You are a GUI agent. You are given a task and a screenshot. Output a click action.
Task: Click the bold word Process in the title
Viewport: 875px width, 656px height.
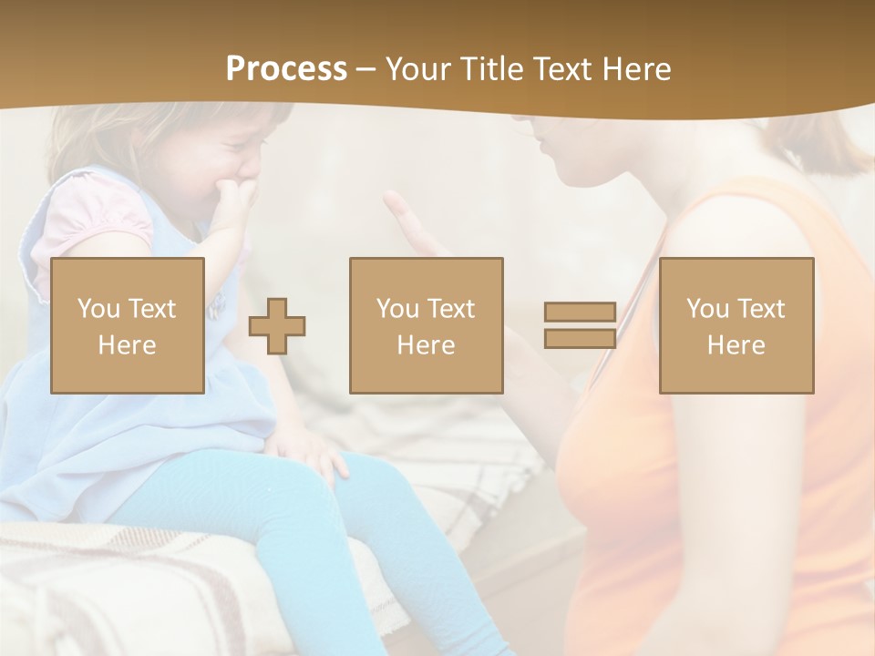point(286,69)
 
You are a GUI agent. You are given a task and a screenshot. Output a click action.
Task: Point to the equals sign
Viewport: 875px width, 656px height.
point(580,325)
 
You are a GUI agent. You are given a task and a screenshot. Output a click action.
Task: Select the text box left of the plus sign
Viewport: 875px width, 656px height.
point(128,325)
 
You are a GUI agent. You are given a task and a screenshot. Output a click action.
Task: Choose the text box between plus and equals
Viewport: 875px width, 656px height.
point(427,325)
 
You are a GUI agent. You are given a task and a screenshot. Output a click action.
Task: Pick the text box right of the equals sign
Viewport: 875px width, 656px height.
point(736,325)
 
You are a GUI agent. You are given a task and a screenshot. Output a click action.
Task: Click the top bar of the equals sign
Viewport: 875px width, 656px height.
point(580,313)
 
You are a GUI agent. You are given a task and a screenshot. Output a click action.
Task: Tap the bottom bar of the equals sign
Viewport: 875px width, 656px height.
point(580,338)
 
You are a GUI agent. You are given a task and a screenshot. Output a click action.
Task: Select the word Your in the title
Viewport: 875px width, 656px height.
point(417,69)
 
